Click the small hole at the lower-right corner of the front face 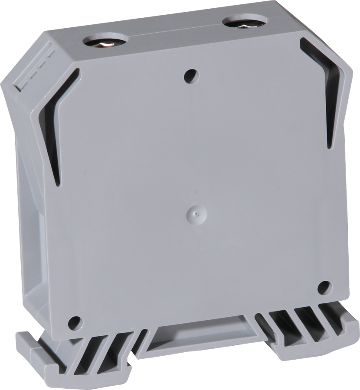tap(324, 286)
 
